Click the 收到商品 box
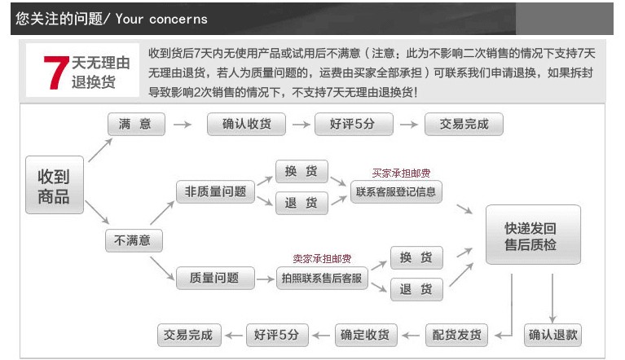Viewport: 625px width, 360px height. (55, 185)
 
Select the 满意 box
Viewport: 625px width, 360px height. (136, 125)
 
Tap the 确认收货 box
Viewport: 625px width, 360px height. (246, 125)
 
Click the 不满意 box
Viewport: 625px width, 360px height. (134, 240)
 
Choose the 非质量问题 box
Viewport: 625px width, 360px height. (215, 192)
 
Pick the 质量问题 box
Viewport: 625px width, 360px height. (215, 278)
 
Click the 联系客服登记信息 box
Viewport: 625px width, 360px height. (396, 192)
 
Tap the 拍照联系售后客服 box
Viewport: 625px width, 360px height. (322, 278)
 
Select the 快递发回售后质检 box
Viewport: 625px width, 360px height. (533, 235)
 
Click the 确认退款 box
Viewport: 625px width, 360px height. (552, 335)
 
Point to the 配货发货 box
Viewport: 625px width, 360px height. (457, 335)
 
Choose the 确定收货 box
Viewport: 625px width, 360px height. (367, 335)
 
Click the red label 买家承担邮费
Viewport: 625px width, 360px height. (401, 173)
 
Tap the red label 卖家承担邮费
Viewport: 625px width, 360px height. (322, 259)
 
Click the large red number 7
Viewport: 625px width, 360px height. (55, 72)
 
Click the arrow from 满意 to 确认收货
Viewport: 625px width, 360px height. (183, 125)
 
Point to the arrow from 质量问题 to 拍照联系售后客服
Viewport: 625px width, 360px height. (265, 279)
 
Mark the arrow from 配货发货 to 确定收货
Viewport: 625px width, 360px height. (411, 336)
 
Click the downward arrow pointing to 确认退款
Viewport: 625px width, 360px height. (552, 298)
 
